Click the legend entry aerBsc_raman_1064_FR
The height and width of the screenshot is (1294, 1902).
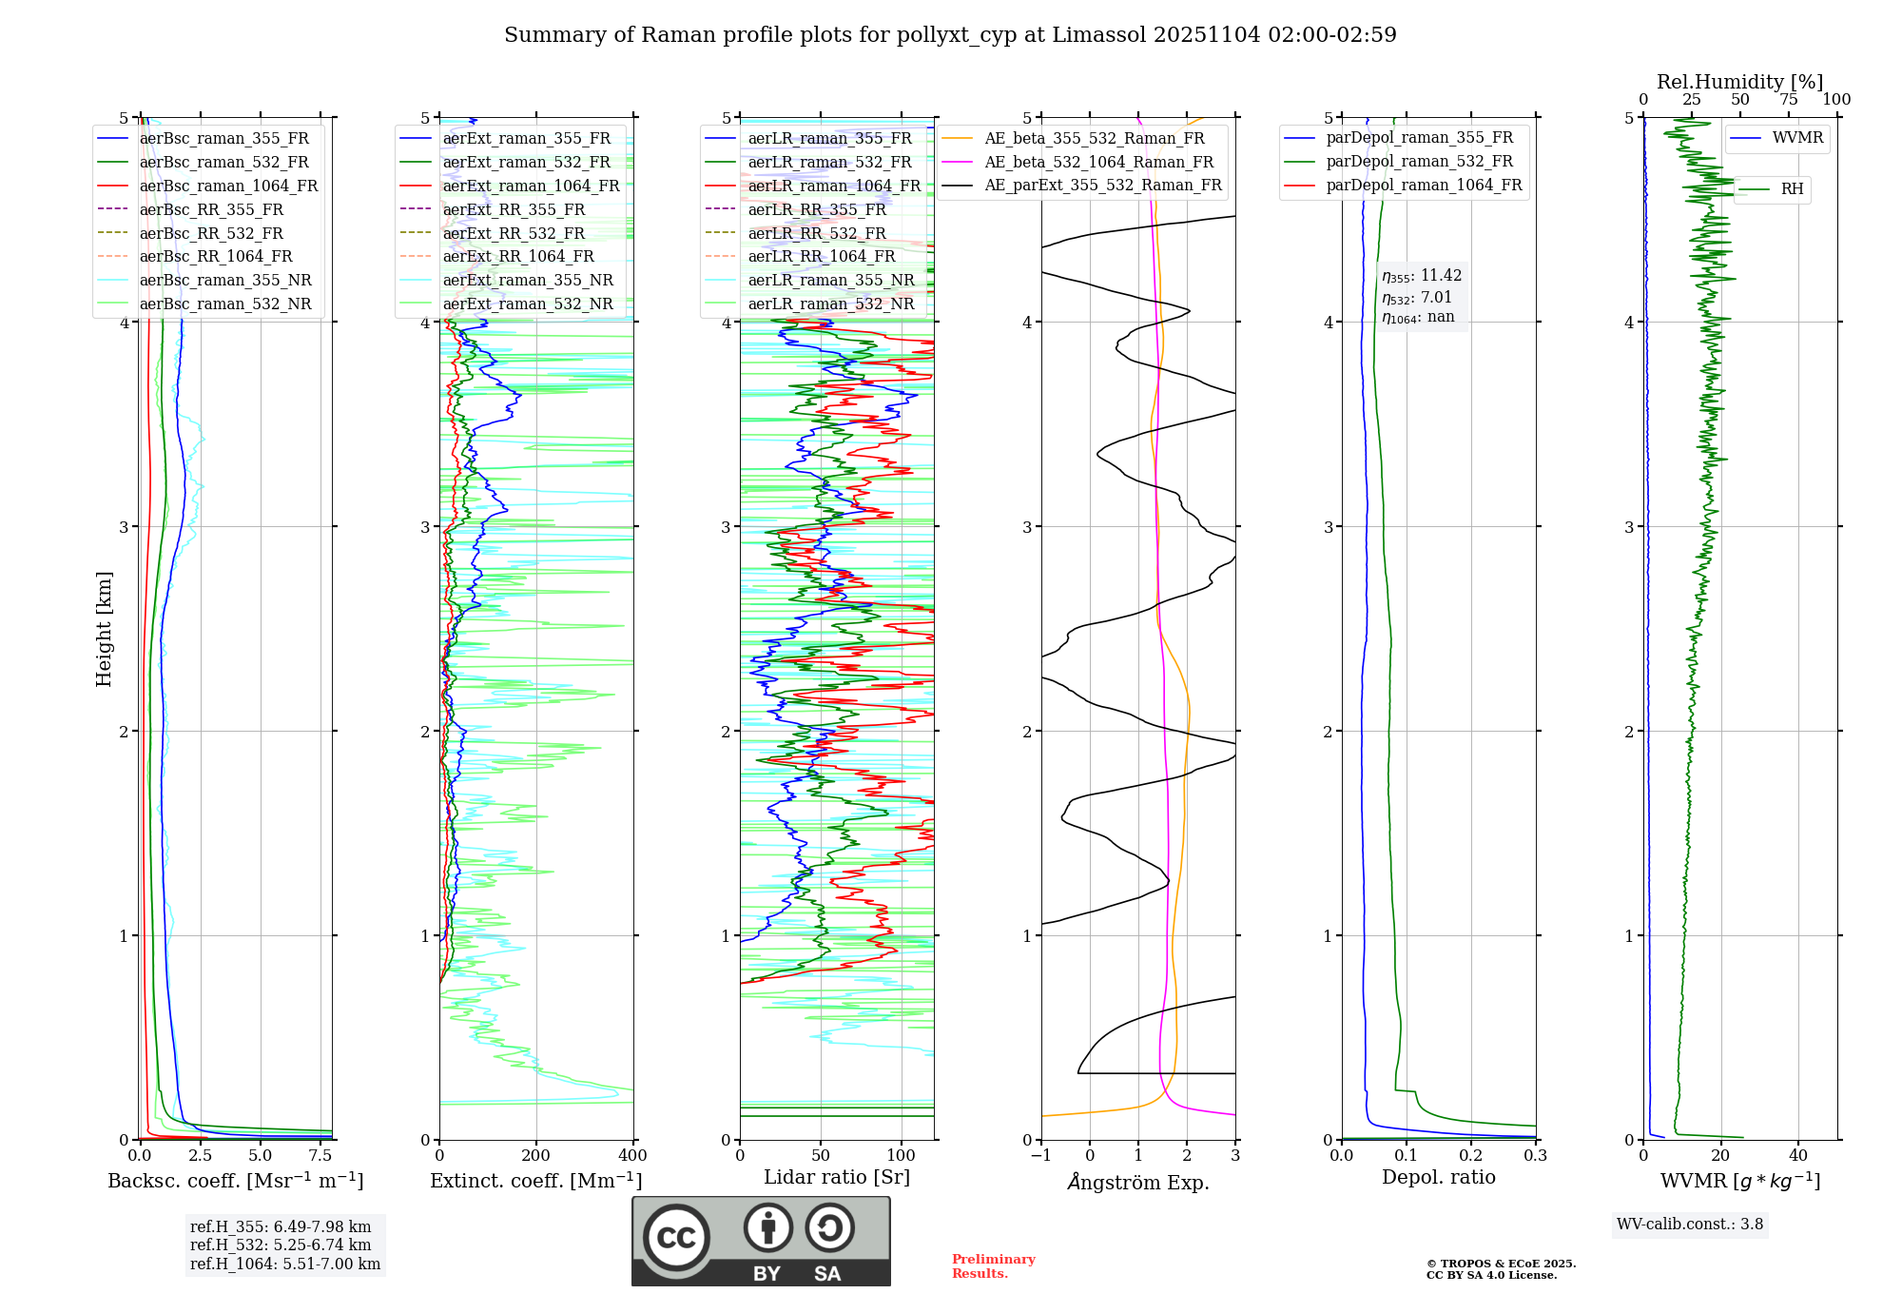coord(228,186)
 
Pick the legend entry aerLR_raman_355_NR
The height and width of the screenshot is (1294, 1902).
coord(830,280)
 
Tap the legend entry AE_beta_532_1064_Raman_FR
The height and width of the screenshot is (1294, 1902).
coord(1098,162)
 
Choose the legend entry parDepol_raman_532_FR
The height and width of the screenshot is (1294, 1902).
coord(1419,162)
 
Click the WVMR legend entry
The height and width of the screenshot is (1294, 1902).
coord(1797,138)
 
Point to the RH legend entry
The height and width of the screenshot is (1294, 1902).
coord(1792,189)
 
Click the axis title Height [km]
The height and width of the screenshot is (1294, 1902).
coord(105,629)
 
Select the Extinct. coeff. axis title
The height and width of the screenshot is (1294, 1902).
coord(535,1181)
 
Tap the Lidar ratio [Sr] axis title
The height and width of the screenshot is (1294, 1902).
coord(837,1177)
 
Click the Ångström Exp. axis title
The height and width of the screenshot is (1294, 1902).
coord(1138,1182)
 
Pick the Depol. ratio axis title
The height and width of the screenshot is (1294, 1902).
coord(1438,1177)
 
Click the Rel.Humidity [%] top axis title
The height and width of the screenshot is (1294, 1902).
coord(1739,82)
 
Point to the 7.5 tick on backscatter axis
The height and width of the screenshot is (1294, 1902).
coord(320,1156)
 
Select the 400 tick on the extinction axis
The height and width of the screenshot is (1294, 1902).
coord(633,1156)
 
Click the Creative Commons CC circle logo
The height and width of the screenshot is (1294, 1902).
coord(676,1238)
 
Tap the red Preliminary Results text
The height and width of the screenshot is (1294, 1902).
coord(993,1266)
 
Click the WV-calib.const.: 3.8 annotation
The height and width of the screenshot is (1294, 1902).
coord(1690,1225)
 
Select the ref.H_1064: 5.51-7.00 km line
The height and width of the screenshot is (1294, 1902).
coord(285,1265)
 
